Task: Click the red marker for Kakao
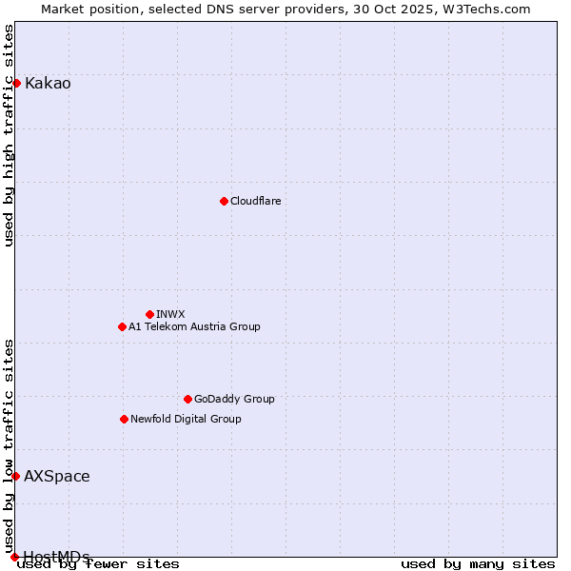coord(16,83)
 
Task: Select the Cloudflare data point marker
coord(224,201)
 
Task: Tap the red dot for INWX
coord(149,314)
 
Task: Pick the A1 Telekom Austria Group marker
coord(122,326)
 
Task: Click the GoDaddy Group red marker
coord(187,399)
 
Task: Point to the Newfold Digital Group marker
coord(124,419)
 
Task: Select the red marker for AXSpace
coord(15,476)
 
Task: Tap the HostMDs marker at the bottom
coord(14,557)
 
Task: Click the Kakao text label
coord(48,83)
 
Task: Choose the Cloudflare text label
coord(255,201)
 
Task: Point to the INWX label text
coord(170,314)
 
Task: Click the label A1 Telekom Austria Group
coord(194,326)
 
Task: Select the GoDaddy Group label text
coord(234,399)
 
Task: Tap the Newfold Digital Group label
coord(186,419)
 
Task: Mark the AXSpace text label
coord(57,476)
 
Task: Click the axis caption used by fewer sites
coord(98,564)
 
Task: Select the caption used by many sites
coord(478,564)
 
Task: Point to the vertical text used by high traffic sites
coord(9,135)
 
